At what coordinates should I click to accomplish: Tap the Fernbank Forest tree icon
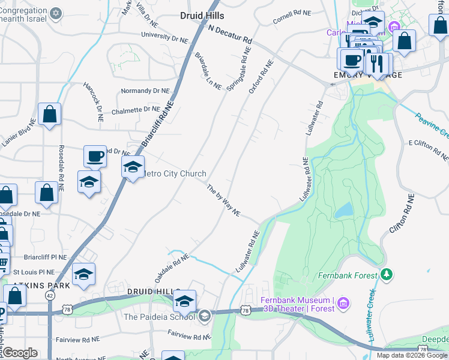click(x=387, y=275)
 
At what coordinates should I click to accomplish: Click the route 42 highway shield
click(x=49, y=296)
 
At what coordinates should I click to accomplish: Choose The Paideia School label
click(x=160, y=317)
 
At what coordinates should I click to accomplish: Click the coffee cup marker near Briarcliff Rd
click(x=95, y=157)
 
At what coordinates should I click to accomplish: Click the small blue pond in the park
click(x=343, y=210)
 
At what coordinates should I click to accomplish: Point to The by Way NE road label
click(x=224, y=201)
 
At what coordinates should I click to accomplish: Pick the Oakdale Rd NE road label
click(x=172, y=268)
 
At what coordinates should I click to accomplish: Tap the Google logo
click(x=20, y=353)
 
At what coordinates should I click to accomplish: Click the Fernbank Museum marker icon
click(x=343, y=304)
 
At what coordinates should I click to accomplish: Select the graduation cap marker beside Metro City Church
click(x=133, y=167)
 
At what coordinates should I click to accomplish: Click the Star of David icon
click(x=56, y=13)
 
